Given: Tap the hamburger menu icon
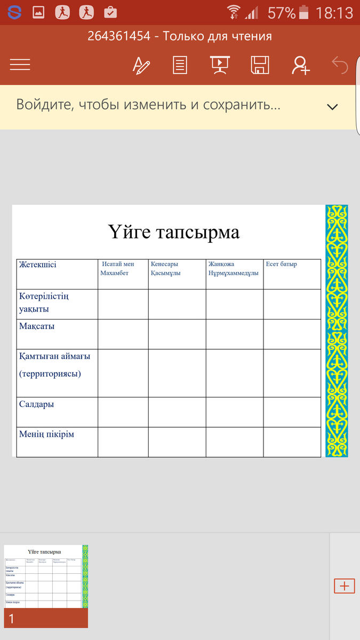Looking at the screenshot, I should [x=20, y=65].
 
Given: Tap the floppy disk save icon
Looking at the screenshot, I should [x=260, y=65].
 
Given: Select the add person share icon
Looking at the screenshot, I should [x=301, y=65].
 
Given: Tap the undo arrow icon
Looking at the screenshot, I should [x=340, y=65].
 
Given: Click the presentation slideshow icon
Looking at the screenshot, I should [x=220, y=65].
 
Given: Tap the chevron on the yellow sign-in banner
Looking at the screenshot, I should [x=332, y=107].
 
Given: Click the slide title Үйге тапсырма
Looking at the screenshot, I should [x=174, y=232].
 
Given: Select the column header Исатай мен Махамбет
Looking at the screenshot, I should [x=117, y=269].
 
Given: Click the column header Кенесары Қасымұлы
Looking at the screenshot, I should [x=165, y=269].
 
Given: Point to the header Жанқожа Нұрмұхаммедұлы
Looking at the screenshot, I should [x=234, y=269].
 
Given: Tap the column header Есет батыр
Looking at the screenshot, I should [x=282, y=265].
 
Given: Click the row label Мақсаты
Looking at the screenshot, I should [x=37, y=326].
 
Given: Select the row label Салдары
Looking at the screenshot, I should [x=36, y=404].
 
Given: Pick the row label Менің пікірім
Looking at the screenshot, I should [x=46, y=434].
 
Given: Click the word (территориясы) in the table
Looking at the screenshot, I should [x=50, y=373].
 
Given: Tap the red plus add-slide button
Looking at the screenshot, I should [x=344, y=586].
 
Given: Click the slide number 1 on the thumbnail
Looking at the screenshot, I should [x=12, y=619].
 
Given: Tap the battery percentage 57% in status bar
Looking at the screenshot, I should [x=281, y=12].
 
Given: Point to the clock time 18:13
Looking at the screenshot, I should [x=334, y=12].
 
